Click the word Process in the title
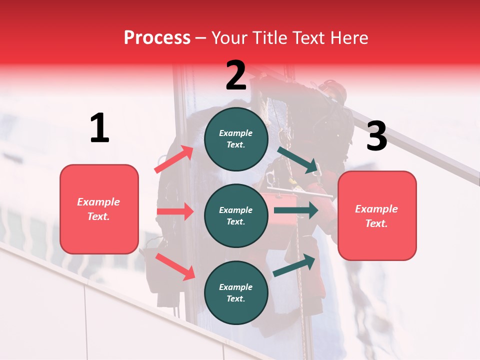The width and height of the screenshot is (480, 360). pyautogui.click(x=157, y=37)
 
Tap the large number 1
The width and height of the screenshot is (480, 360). pyautogui.click(x=99, y=128)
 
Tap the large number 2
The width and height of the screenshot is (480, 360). pyautogui.click(x=236, y=75)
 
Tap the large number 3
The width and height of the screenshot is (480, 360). pyautogui.click(x=376, y=136)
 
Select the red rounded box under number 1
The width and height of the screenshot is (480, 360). pyautogui.click(x=99, y=209)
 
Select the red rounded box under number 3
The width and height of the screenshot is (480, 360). pyautogui.click(x=377, y=215)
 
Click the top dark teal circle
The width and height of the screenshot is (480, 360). pyautogui.click(x=236, y=139)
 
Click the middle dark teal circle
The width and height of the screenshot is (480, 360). pyautogui.click(x=236, y=215)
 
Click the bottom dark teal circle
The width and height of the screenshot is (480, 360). pyautogui.click(x=236, y=292)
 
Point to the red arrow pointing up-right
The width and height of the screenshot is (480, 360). pyautogui.click(x=174, y=159)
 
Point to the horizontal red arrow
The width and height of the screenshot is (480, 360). pyautogui.click(x=175, y=211)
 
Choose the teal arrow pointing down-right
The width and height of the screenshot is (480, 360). pyautogui.click(x=299, y=160)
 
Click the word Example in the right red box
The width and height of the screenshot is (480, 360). pyautogui.click(x=376, y=209)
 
